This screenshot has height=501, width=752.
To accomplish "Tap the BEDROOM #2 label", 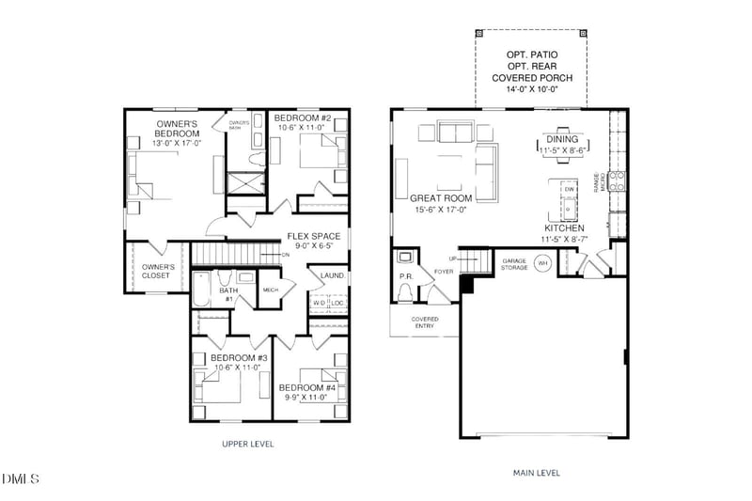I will (x=298, y=119).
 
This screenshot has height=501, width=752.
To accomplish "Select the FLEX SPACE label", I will (x=313, y=236).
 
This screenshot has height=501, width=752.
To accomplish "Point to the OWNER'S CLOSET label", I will (x=159, y=272).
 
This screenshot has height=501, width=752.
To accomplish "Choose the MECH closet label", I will (x=272, y=290).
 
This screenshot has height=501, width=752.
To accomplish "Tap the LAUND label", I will (x=332, y=275).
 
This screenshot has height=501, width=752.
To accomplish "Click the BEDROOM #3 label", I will (x=239, y=359).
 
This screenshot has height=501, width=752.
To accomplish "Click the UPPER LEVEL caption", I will (x=247, y=444).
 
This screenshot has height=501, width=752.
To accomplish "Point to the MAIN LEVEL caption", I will (x=537, y=473).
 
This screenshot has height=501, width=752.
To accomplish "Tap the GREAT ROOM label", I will (x=439, y=198).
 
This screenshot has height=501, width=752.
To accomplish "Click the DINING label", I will (x=562, y=140).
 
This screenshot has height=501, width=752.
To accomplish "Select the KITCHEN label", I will (x=565, y=228).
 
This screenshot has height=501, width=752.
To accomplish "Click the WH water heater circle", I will (x=542, y=264).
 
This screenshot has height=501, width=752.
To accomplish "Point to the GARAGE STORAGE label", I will (x=513, y=264).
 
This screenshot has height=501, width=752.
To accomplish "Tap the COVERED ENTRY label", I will (x=425, y=322).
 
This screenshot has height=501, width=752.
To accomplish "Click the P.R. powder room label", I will (x=406, y=276).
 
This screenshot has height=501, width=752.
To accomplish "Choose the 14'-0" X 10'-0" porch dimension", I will (x=532, y=89).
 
